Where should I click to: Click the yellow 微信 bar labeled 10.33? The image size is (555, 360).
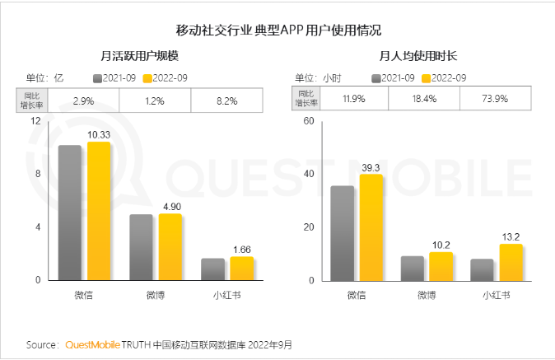pos(99,211)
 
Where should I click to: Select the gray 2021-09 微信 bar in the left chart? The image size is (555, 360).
pos(70,213)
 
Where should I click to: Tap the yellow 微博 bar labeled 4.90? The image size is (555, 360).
pos(170,247)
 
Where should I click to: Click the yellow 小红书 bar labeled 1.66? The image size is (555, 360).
pos(242,269)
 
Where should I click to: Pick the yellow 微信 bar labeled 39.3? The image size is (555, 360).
pos(371,227)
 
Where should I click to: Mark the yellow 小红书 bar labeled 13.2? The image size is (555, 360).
pos(511,262)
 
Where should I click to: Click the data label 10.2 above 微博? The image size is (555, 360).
pos(441,245)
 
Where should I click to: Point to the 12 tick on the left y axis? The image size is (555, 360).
pos(35,121)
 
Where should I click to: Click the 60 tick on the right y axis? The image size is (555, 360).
pos(310,121)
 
